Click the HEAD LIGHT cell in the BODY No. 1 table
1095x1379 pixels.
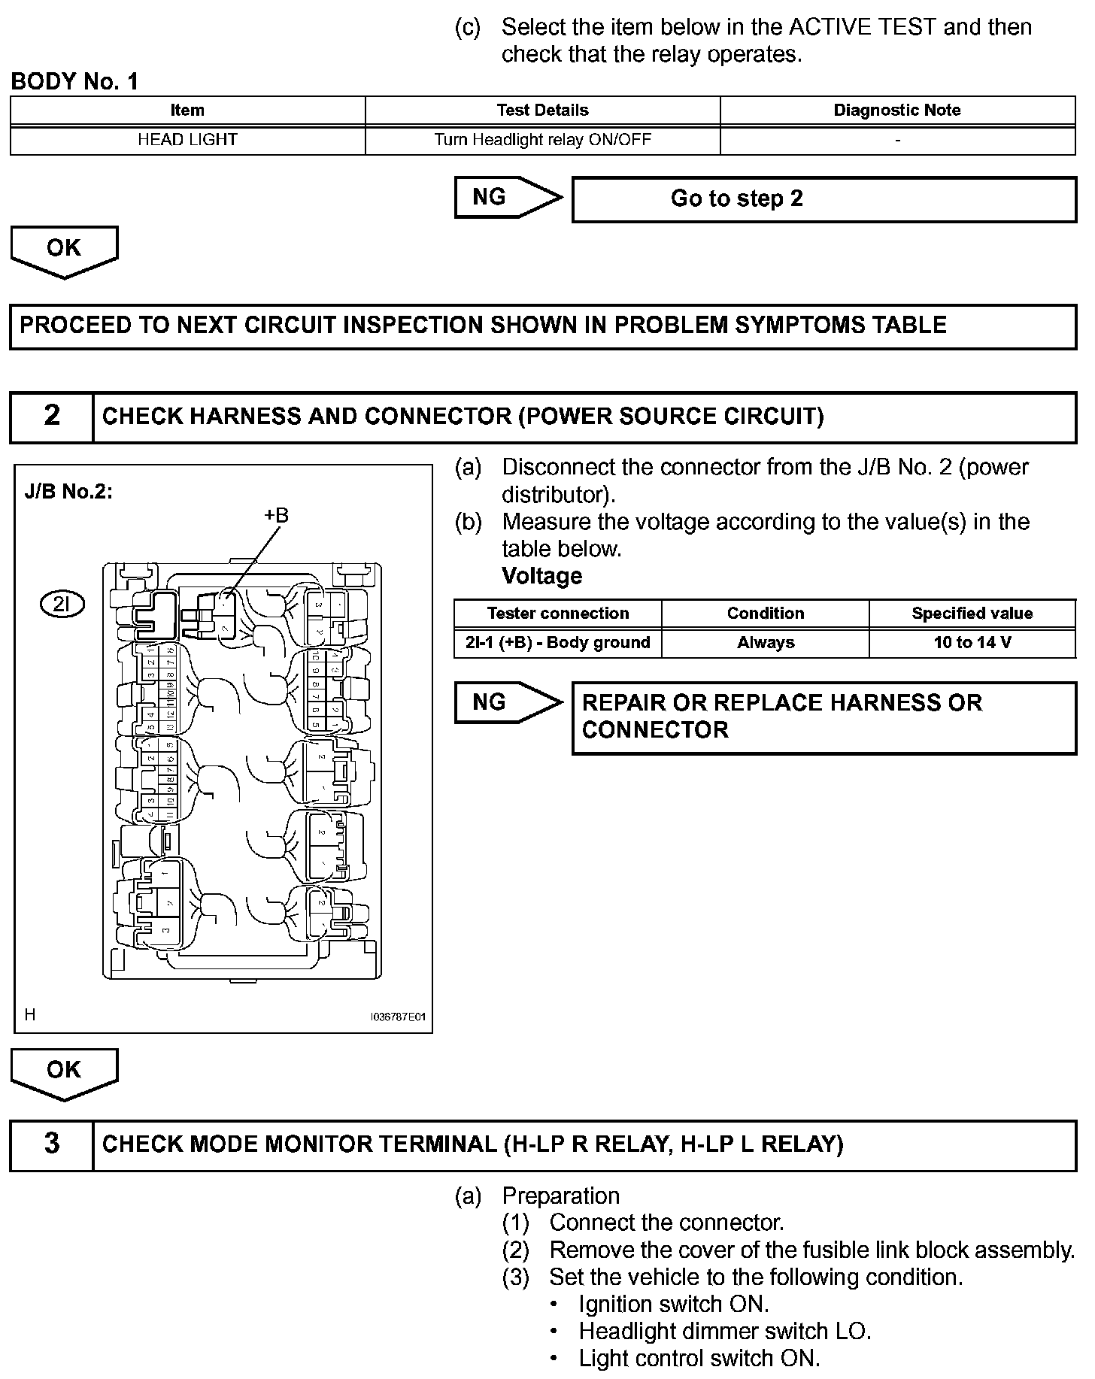click(x=187, y=140)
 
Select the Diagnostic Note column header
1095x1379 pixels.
click(x=896, y=111)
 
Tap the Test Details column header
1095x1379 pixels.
click(x=542, y=111)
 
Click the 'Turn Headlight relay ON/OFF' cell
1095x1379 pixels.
click(x=542, y=140)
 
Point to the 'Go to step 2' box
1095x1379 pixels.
click(x=824, y=199)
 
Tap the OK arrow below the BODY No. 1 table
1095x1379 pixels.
click(x=64, y=250)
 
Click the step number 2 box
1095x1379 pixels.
click(x=51, y=416)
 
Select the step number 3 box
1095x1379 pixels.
click(x=51, y=1144)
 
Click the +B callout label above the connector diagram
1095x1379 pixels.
click(x=276, y=516)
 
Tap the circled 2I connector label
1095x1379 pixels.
click(x=62, y=604)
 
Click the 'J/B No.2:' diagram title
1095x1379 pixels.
click(x=68, y=492)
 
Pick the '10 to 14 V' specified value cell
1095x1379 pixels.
click(x=972, y=643)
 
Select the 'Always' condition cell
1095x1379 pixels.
click(x=765, y=643)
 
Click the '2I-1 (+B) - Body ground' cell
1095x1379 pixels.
click(x=557, y=643)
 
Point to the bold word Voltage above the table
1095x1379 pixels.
click(x=541, y=577)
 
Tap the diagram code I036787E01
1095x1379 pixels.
click(x=398, y=1017)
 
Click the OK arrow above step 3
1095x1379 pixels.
click(x=64, y=1072)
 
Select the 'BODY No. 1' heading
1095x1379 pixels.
click(x=74, y=82)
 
